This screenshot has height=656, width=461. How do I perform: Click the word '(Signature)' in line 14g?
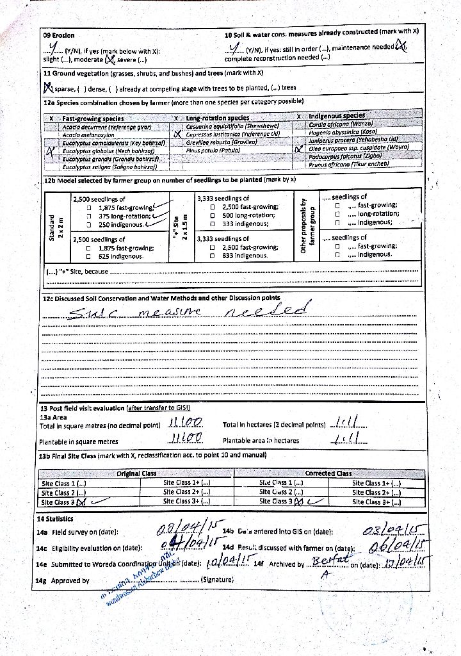(218, 580)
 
